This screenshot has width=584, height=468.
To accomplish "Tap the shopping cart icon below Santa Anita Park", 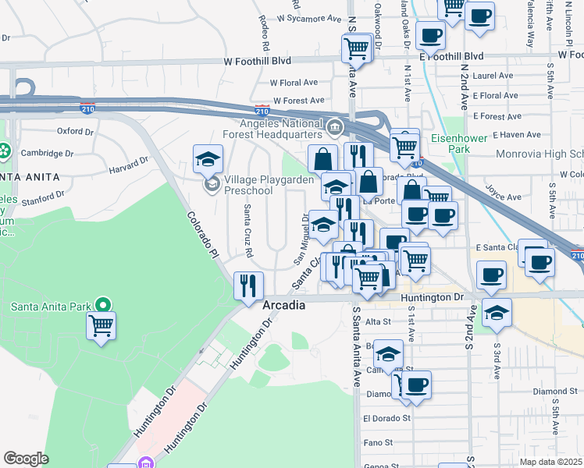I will pos(101,325).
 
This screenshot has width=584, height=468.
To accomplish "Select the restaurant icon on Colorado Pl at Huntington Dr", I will pos(248,285).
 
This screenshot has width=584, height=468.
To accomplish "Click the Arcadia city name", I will pos(283,305).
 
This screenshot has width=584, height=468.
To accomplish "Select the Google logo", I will pos(26,459).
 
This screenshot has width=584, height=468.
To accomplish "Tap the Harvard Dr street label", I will pos(128,165).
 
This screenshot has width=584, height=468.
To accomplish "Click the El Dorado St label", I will pos(386,418).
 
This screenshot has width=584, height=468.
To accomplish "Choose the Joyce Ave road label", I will pos(503,192).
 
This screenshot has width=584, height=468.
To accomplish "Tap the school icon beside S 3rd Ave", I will pos(497,312).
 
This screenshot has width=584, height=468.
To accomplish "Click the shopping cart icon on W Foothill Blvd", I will pos(356,49).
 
